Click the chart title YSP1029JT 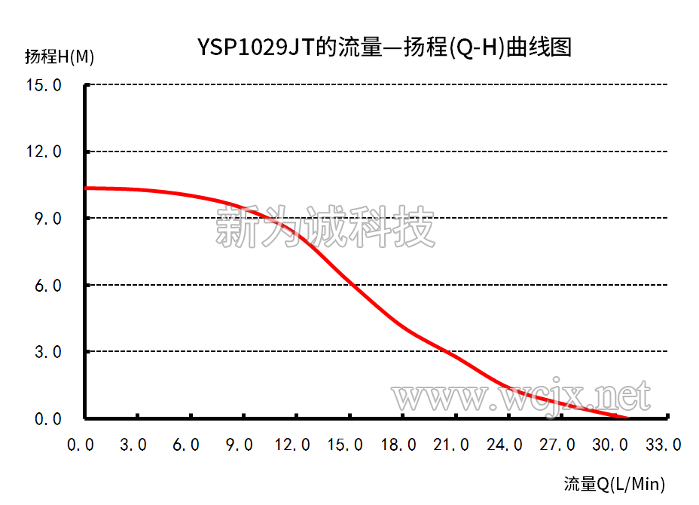coord(384,47)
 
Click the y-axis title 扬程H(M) coord(60,57)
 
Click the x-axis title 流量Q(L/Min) coord(615,484)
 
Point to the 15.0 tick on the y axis coord(43,85)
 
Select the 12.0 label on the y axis coord(43,152)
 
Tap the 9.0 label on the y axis coord(47,219)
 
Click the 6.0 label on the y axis coord(47,286)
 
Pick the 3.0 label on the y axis coord(47,352)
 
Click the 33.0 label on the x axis coord(663,445)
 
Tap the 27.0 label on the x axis coord(557,445)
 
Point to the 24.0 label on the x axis coord(505,445)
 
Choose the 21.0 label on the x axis coord(451,445)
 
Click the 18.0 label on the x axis coord(398,445)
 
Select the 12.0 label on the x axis coord(292,445)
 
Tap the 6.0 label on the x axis coord(186,445)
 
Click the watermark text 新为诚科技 coord(325,226)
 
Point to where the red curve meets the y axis coord(87,188)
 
